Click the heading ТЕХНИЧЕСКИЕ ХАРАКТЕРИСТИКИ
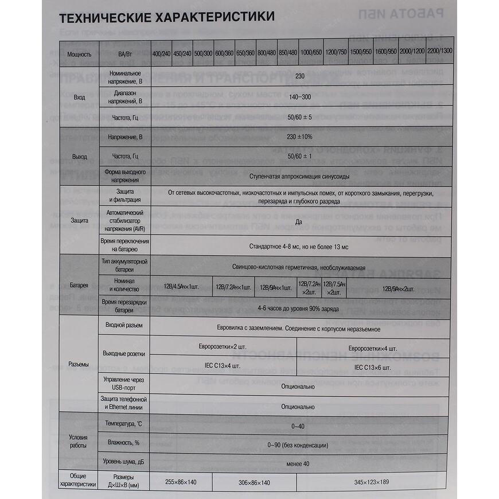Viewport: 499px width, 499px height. coord(167,17)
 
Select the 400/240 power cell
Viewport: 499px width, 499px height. coord(161,52)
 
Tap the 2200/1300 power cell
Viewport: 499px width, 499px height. coord(440,51)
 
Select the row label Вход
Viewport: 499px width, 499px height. coord(79,98)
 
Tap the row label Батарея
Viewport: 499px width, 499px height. coord(79,285)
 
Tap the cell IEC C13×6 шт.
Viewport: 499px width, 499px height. coord(372,367)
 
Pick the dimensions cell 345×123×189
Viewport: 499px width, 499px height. coord(372,482)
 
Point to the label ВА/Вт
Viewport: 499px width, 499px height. coord(124,54)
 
